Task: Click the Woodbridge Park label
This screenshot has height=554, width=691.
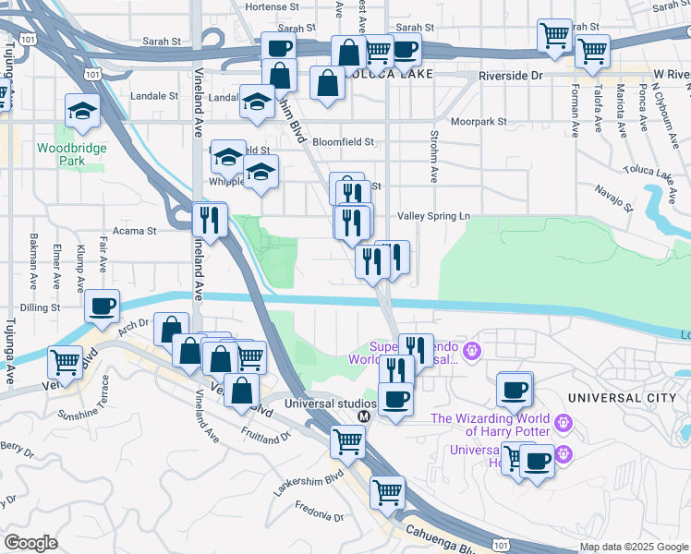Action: pos(72,154)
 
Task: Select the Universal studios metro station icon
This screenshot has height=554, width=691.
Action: pos(364,415)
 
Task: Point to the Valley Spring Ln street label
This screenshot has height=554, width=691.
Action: pos(433,216)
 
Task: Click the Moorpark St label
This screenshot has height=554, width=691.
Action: pos(479,121)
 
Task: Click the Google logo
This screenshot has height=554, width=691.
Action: pos(30,543)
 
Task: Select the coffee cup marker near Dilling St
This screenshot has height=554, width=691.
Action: pos(103,306)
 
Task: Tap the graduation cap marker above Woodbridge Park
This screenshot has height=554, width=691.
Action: pos(83,112)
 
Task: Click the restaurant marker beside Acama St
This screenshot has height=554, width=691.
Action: pos(210,219)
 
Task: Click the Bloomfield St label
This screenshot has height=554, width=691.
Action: pos(343,142)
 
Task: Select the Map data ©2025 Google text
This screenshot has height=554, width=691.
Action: pos(633,547)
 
